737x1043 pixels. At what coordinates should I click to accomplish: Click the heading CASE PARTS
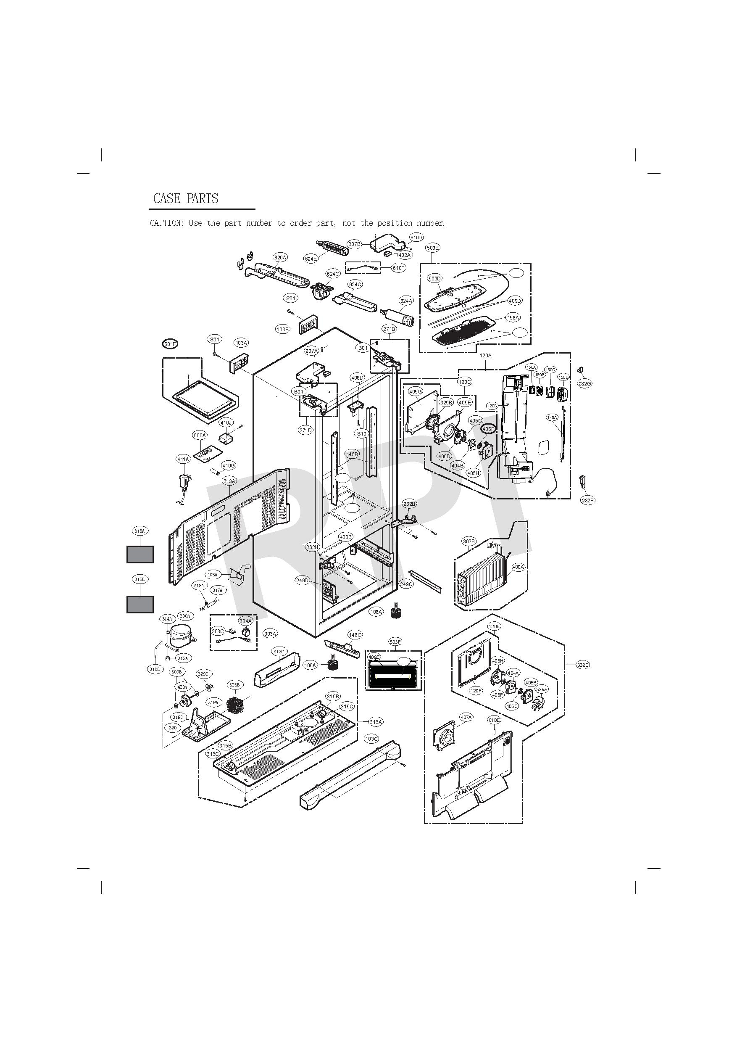[186, 198]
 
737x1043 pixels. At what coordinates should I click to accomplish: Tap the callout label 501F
[170, 344]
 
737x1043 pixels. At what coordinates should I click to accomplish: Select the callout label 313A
[229, 481]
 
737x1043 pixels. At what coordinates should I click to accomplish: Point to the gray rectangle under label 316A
[140, 554]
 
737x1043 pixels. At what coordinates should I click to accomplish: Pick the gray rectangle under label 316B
[140, 604]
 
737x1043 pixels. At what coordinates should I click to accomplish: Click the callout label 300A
[185, 616]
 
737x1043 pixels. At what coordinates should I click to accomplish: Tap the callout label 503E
[433, 248]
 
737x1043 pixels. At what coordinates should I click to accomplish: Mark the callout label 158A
[513, 317]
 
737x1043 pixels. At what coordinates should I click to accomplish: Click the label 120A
[485, 356]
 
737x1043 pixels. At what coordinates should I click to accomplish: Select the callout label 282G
[585, 384]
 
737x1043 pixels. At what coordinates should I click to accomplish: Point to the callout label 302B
[469, 541]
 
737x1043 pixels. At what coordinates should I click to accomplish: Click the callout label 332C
[583, 665]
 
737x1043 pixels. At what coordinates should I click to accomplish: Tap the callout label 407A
[466, 717]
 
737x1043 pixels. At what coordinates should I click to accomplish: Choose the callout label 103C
[371, 739]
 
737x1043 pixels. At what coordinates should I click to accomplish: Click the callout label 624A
[406, 301]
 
